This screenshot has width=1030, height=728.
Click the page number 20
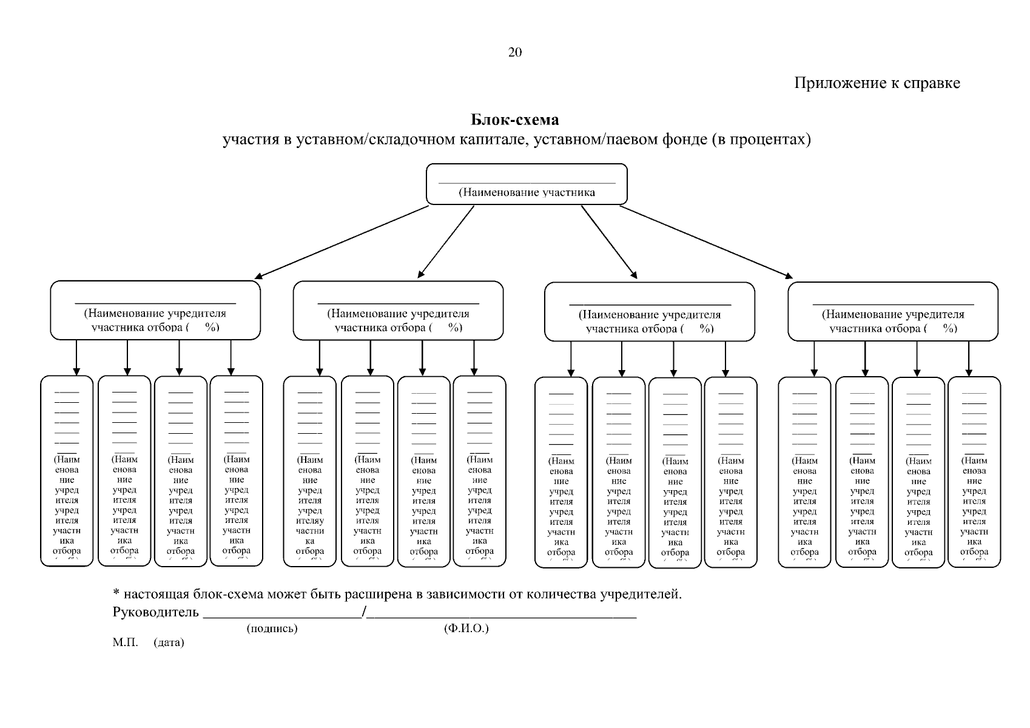[514, 52]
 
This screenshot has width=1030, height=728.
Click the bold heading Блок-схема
[514, 120]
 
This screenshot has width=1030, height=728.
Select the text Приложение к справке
[877, 83]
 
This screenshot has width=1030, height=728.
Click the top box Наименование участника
[527, 184]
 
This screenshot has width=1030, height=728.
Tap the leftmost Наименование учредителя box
[155, 310]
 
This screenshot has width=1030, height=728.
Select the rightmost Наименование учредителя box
[893, 311]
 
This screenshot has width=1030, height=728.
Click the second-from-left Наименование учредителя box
[399, 311]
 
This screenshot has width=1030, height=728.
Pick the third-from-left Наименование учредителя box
[650, 312]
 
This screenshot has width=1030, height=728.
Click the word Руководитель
[156, 612]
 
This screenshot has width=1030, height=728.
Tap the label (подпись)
[272, 629]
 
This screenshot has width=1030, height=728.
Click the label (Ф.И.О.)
[466, 629]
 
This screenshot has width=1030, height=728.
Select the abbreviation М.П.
[126, 642]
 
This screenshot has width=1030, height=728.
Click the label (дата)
[169, 642]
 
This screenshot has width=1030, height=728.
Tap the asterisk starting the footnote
[116, 593]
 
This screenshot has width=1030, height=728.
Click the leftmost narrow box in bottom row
[67, 471]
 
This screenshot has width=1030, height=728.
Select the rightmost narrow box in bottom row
[974, 471]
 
